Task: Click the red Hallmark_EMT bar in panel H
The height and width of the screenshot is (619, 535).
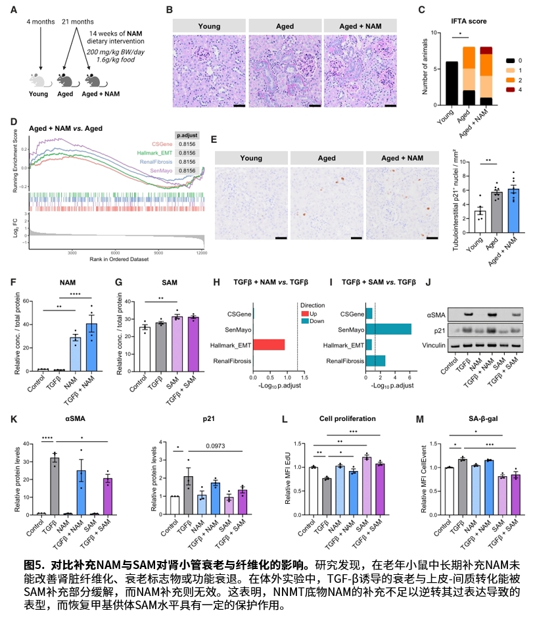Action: [x=269, y=344]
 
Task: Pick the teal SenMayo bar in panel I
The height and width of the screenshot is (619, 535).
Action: [x=388, y=328]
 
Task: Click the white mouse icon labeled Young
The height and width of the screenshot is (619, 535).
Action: [x=41, y=80]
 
